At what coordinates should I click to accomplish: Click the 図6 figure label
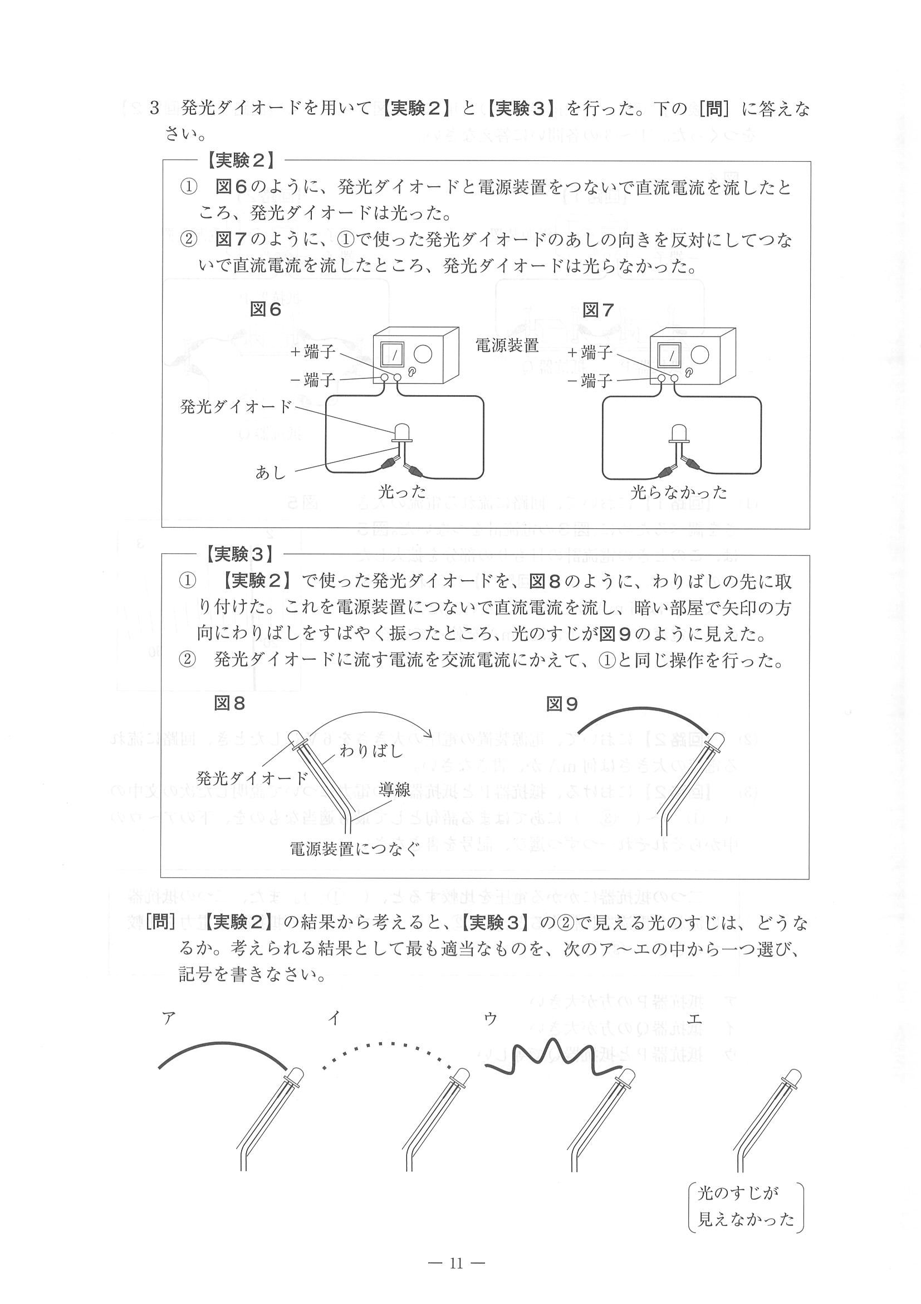click(x=266, y=309)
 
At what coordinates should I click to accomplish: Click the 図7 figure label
click(x=598, y=310)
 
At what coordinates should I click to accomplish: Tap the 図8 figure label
click(x=229, y=704)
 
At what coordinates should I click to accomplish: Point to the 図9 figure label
click(x=562, y=704)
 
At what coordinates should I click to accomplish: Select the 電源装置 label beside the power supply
click(x=507, y=345)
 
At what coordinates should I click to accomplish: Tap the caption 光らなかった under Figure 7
click(x=679, y=492)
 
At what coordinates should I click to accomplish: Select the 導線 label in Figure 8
click(x=394, y=790)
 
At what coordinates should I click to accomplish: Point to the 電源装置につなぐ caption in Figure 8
click(x=355, y=849)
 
